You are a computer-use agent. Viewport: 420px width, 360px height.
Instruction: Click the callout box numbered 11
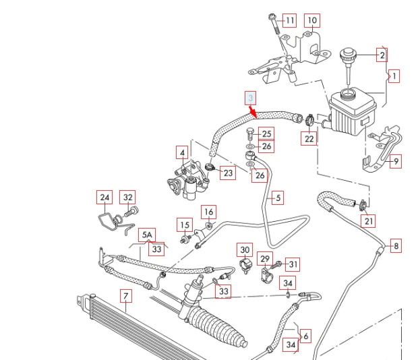pyautogui.click(x=290, y=20)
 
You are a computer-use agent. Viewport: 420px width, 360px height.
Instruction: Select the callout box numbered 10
pyautogui.click(x=312, y=20)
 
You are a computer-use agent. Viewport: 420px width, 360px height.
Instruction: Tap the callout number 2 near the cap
pyautogui.click(x=382, y=55)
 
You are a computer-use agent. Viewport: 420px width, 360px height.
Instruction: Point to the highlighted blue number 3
pyautogui.click(x=250, y=98)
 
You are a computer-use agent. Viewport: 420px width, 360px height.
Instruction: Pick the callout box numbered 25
pyautogui.click(x=267, y=133)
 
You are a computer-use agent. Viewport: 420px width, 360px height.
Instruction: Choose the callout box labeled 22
pyautogui.click(x=309, y=139)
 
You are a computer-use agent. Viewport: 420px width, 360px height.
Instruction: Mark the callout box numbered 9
pyautogui.click(x=396, y=161)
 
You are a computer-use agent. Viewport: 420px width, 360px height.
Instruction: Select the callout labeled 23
pyautogui.click(x=228, y=173)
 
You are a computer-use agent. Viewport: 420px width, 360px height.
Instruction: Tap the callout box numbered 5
pyautogui.click(x=277, y=198)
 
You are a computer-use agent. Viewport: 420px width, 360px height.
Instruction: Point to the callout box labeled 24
pyautogui.click(x=104, y=198)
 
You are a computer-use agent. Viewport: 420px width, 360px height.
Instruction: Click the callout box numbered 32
pyautogui.click(x=127, y=198)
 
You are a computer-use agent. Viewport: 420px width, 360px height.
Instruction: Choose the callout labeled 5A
pyautogui.click(x=147, y=235)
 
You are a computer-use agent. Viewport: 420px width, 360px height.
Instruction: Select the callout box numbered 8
pyautogui.click(x=396, y=246)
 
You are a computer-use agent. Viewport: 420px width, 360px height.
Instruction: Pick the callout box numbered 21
pyautogui.click(x=368, y=220)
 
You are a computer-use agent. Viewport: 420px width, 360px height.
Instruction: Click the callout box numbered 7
pyautogui.click(x=125, y=295)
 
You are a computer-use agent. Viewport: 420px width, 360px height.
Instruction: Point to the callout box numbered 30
pyautogui.click(x=244, y=249)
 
